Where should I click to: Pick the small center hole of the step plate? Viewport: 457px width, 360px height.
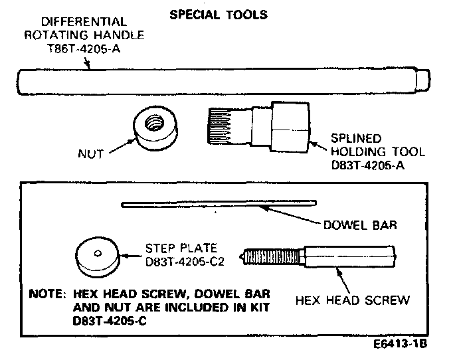click(97, 252)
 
